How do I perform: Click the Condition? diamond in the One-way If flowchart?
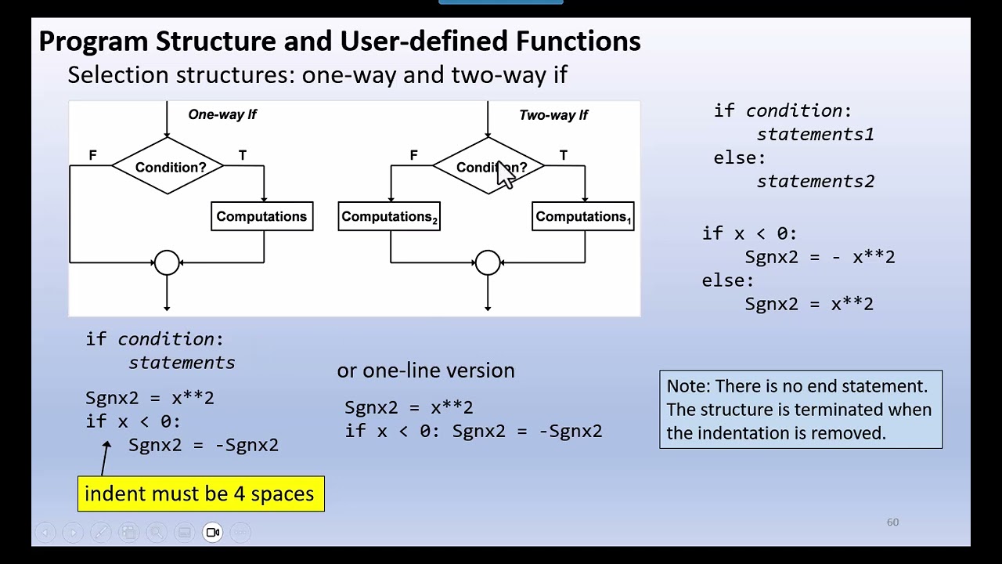[x=168, y=167]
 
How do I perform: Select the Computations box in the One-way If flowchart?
[x=261, y=217]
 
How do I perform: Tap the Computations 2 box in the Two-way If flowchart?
[x=389, y=217]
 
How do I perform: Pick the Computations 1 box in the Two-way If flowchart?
[x=582, y=217]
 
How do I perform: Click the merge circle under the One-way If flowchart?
[x=167, y=263]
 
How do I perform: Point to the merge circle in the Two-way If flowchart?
[x=488, y=263]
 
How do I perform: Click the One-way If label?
[x=222, y=114]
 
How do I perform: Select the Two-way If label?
[x=553, y=115]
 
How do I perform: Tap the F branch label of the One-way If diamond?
[x=92, y=155]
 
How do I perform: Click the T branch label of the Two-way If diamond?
[x=563, y=155]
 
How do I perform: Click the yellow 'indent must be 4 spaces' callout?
[x=200, y=494]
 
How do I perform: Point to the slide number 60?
[x=892, y=522]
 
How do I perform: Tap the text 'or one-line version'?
[x=426, y=371]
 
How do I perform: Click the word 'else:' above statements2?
[x=739, y=158]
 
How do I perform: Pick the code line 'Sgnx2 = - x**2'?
[x=820, y=257]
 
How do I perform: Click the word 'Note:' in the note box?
[x=688, y=386]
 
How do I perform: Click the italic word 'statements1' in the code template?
[x=815, y=135]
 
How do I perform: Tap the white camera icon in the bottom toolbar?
[x=212, y=533]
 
